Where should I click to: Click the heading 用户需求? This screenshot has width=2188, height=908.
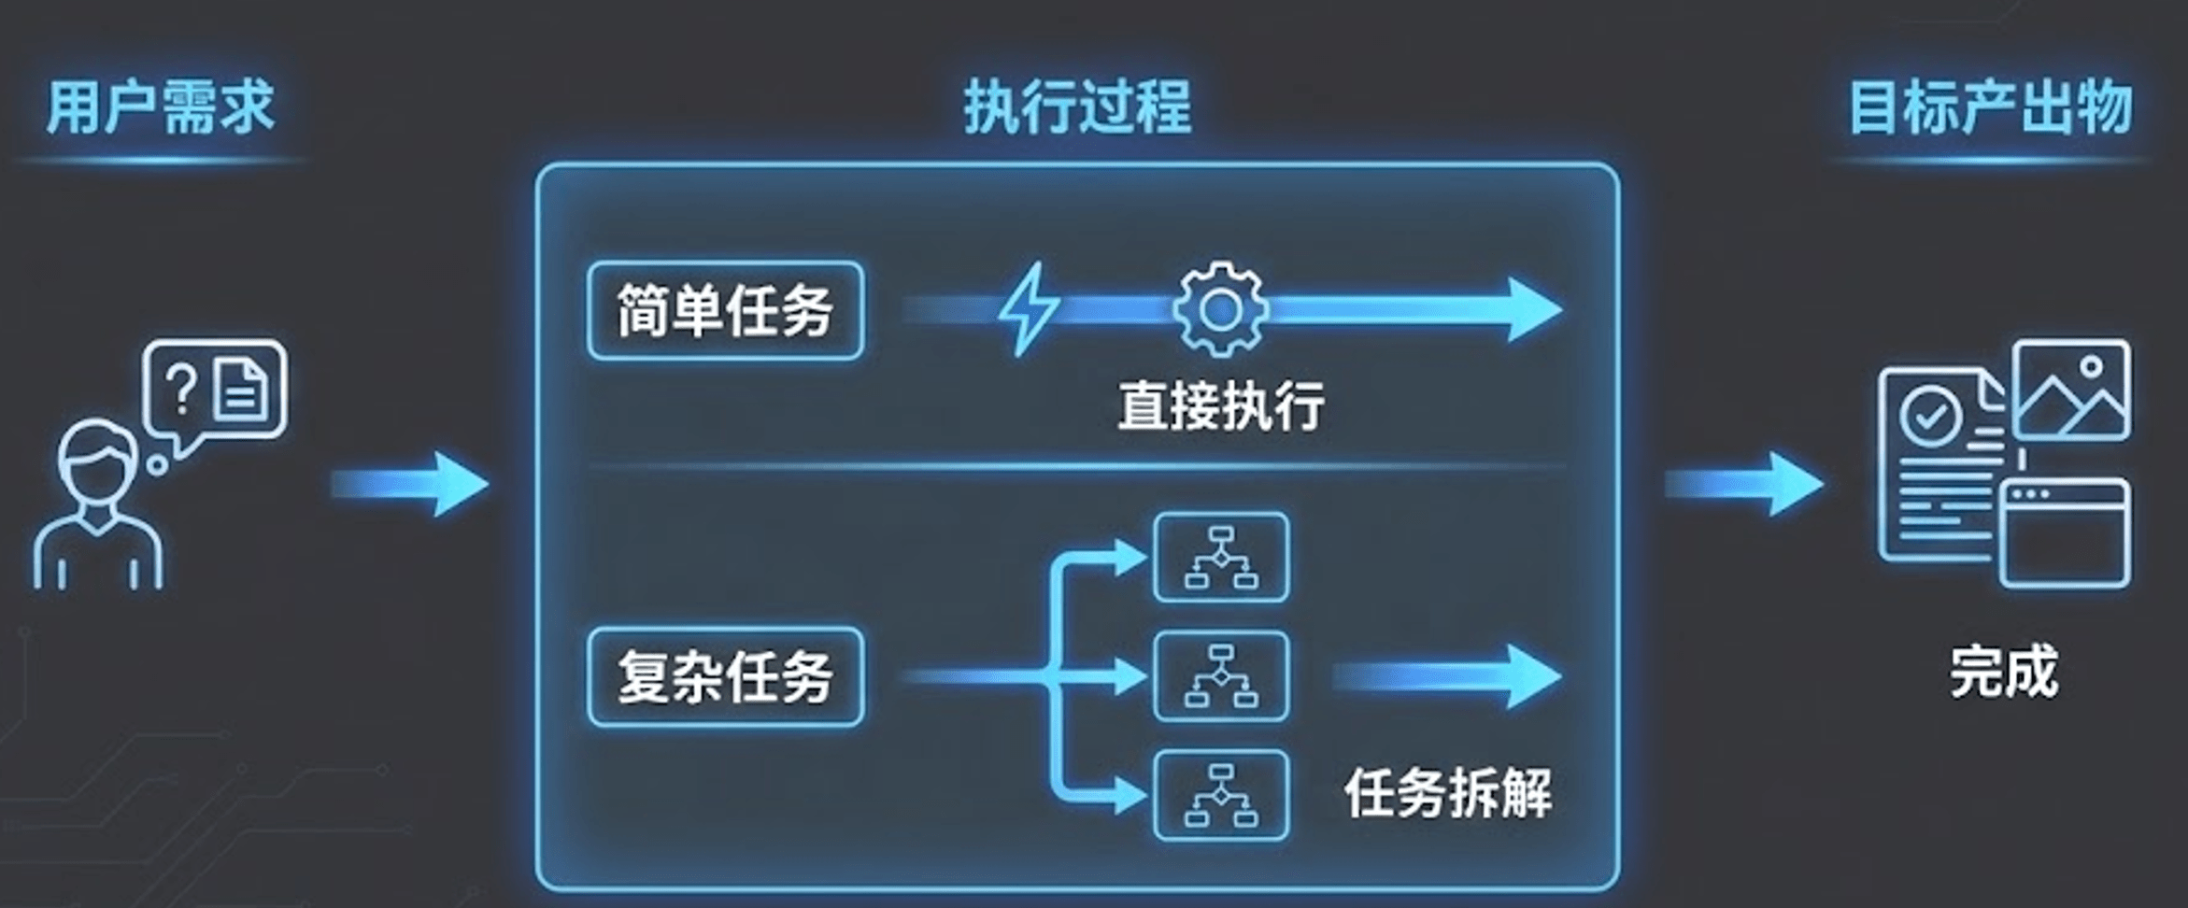(161, 108)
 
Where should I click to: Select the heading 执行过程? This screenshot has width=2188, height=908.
(1077, 108)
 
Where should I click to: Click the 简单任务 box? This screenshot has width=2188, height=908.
(725, 311)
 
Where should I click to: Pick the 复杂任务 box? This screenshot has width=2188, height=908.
(725, 677)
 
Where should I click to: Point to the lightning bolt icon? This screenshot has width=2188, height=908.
(1029, 309)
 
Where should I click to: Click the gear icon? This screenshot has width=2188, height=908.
(1220, 310)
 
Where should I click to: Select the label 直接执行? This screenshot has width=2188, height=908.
(1220, 405)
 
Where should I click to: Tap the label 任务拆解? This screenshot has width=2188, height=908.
(1447, 793)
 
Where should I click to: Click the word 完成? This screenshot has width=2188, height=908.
(2003, 671)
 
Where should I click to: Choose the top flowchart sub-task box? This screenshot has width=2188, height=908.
(1221, 558)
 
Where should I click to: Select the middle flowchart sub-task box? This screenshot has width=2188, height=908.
(1221, 676)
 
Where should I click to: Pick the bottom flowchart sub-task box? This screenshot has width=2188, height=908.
(1221, 796)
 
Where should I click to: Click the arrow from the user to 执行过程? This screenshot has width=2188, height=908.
(411, 484)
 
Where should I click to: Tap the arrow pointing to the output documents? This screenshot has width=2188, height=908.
(1743, 484)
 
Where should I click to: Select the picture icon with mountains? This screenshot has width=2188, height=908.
(2071, 390)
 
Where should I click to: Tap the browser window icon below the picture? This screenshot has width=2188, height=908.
(2065, 532)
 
